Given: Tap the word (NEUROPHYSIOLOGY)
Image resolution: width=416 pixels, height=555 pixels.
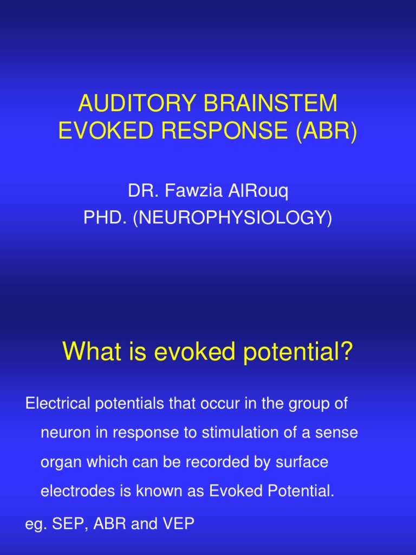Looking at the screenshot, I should (231, 218).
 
